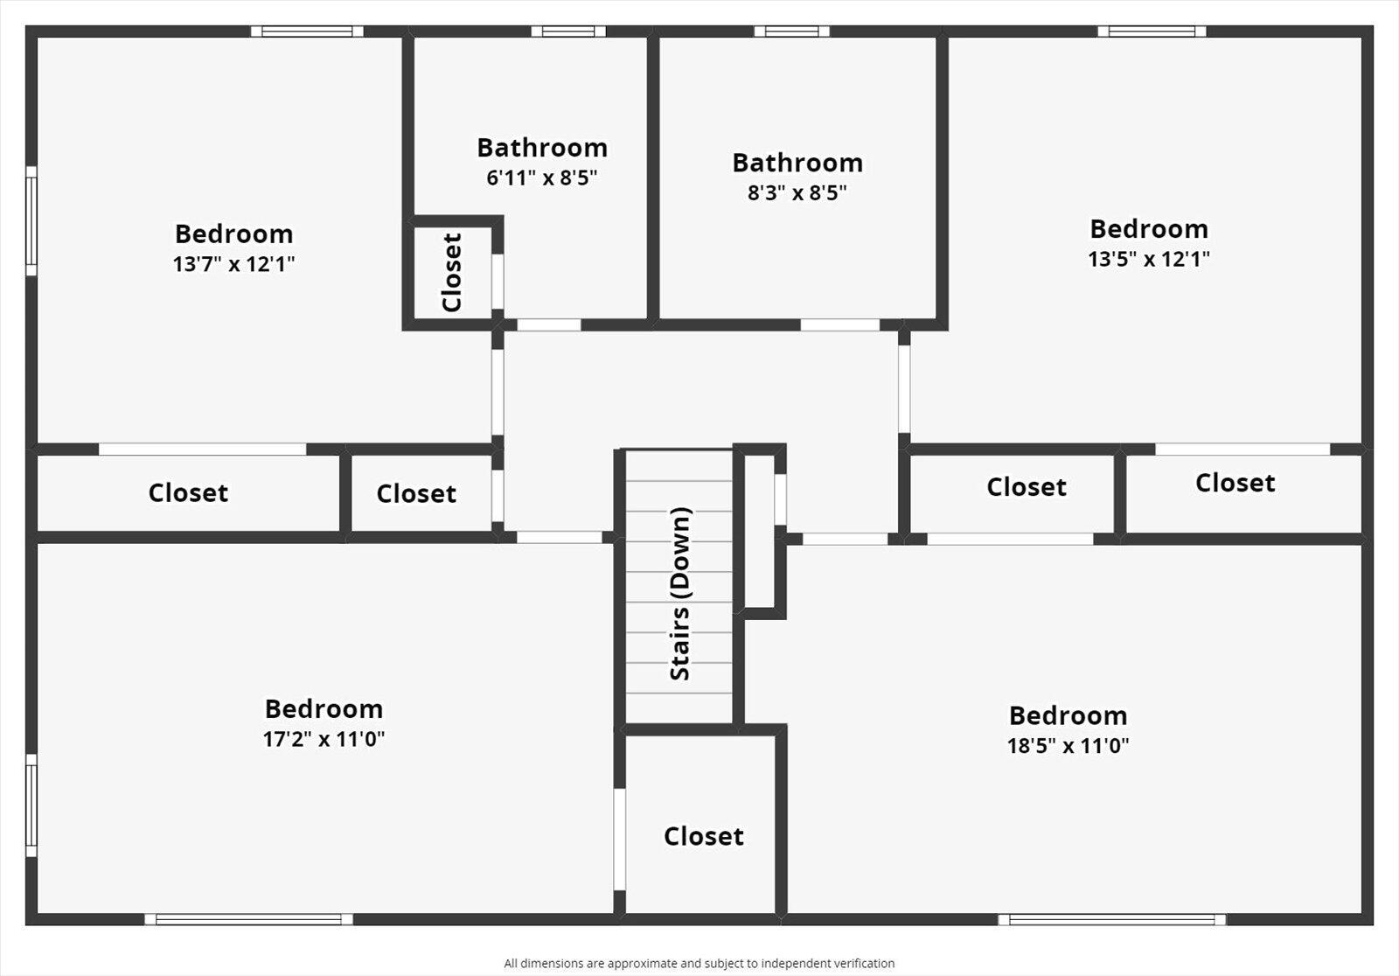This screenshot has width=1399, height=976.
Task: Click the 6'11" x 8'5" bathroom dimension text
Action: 542,178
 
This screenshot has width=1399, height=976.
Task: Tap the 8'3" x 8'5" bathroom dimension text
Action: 797,192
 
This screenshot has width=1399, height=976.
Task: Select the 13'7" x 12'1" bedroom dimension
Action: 233,263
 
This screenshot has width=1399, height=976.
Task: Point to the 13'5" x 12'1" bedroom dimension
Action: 1149,259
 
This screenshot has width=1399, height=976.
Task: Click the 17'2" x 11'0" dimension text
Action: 324,739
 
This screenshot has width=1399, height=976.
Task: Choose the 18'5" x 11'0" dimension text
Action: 1068,746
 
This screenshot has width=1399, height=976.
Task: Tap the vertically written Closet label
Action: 452,272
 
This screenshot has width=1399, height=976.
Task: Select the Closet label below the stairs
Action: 703,836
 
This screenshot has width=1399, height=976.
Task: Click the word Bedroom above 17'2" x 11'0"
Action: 324,708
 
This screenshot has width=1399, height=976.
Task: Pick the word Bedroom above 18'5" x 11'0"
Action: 1068,715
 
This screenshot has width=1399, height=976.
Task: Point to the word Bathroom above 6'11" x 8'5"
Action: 542,148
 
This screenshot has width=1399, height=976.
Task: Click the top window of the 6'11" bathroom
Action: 568,31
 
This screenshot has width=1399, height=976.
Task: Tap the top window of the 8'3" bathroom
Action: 792,31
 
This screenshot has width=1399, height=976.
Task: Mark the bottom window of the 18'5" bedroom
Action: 1111,919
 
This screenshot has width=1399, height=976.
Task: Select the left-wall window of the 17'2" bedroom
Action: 31,805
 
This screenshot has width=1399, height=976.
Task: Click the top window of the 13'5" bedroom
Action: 1152,31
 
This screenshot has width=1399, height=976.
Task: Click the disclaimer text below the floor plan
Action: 699,963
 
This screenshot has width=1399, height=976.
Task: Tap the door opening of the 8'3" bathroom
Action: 840,324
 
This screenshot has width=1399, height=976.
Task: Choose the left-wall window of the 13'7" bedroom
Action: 31,220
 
